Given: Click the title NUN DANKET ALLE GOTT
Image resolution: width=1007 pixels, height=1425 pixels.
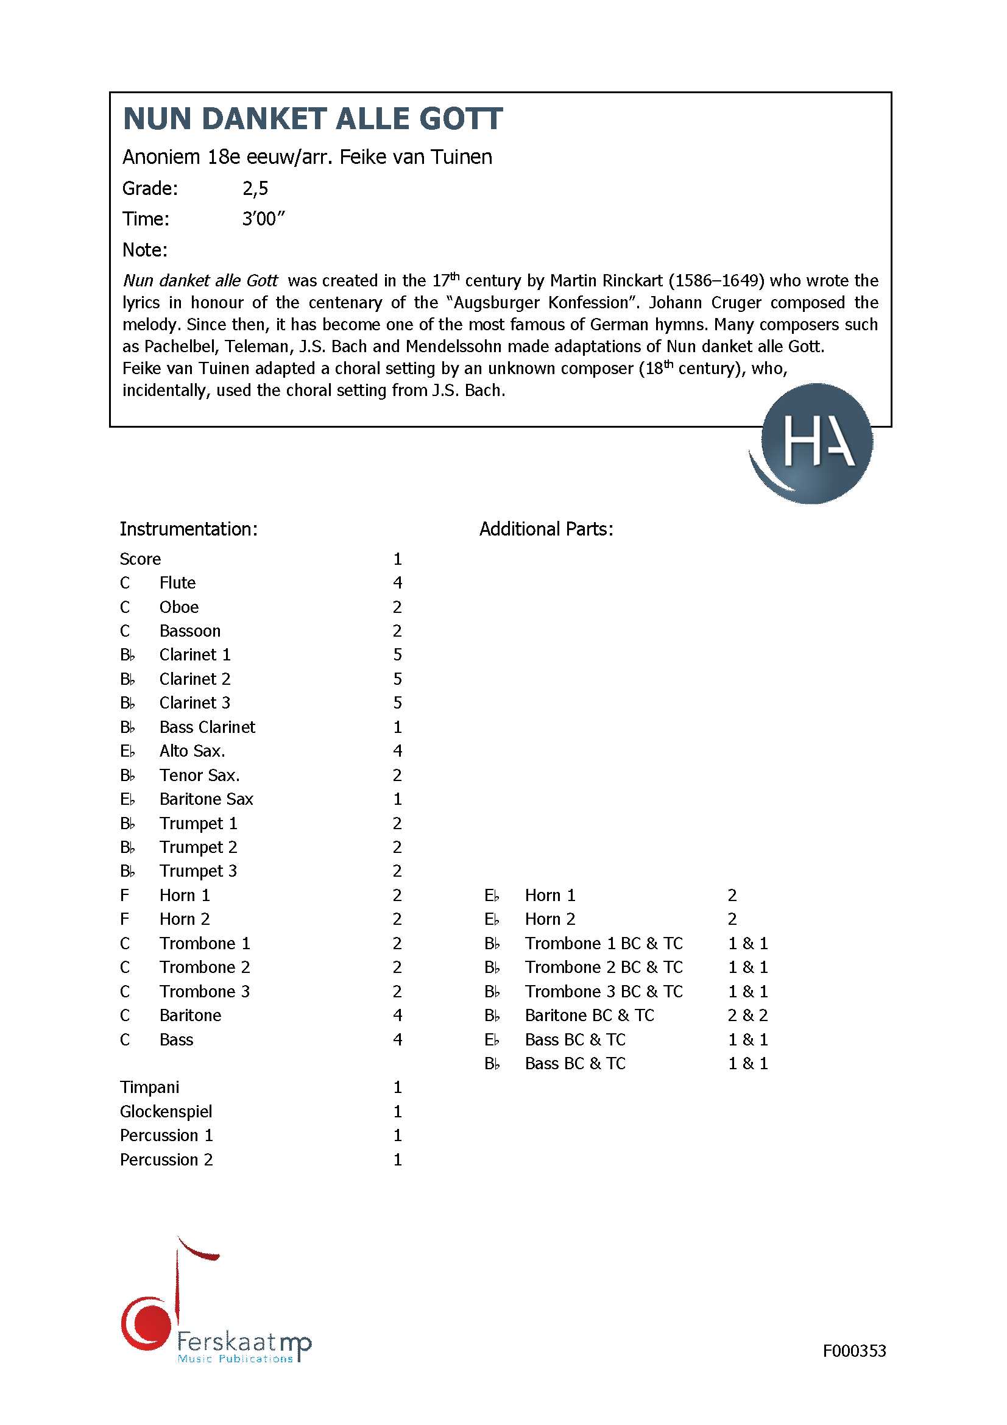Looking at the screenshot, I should point(313,119).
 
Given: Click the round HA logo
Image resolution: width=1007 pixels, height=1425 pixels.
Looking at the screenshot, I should point(812,443).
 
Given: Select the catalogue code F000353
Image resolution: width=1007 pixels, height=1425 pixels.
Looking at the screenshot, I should point(853,1351).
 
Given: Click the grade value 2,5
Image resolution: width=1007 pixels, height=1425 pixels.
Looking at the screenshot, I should point(255,189).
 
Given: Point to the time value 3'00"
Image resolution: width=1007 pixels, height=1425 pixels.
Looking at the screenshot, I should point(263,219).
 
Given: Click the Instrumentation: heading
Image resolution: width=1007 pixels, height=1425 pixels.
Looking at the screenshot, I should point(188,529).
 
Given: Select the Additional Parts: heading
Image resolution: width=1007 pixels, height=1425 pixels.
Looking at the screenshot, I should point(546,529).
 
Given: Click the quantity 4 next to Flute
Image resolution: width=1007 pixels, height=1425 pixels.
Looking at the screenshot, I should point(397,583).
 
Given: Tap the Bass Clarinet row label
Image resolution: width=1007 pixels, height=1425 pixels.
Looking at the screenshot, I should point(207,727).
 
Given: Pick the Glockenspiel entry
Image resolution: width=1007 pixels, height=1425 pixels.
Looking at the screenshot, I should point(166,1111).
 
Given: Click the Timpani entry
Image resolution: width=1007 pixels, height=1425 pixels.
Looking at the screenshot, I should point(149,1087).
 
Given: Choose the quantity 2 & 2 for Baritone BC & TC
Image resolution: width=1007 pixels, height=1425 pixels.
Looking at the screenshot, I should point(747,1016).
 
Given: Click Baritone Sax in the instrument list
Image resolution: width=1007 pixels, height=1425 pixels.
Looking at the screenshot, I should point(206,799).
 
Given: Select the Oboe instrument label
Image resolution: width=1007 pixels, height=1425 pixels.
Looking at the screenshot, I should point(178,607).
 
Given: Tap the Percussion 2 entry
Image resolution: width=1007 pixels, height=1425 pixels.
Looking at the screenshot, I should point(166,1159).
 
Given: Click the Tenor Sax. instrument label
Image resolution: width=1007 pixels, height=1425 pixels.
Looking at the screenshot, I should point(199,775).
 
